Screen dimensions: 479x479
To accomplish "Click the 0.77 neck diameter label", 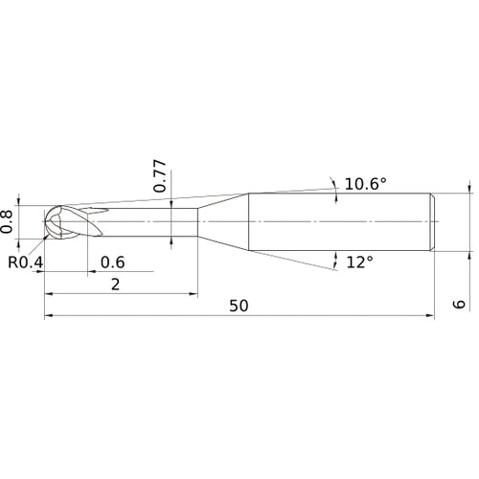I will click(x=160, y=175).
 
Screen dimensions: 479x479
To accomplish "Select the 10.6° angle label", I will click(x=366, y=183).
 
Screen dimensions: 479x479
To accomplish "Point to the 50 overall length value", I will click(x=239, y=306).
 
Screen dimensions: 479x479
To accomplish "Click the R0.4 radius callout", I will click(x=26, y=262).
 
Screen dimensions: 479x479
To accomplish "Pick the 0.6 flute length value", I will click(x=112, y=262).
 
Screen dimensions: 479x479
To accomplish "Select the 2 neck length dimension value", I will click(x=115, y=284).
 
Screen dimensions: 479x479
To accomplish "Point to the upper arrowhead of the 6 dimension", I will click(x=469, y=190).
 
